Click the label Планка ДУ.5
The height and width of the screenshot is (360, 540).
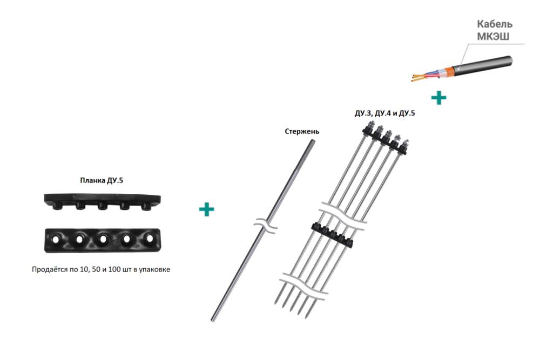point(102,180)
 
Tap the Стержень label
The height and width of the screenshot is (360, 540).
point(302,132)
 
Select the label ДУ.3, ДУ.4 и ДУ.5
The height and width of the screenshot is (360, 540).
point(384,113)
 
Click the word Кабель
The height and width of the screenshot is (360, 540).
point(495,24)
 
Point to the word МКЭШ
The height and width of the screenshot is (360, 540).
point(493,36)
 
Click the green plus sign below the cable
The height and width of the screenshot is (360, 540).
point(438,98)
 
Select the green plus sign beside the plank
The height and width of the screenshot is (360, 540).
point(207,209)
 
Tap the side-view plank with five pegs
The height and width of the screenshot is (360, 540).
point(102,202)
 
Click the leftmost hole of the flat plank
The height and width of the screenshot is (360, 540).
point(56,239)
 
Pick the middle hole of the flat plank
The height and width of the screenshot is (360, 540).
point(103,239)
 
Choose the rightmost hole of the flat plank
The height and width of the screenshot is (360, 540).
point(150,238)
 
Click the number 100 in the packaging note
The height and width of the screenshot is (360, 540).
point(114,269)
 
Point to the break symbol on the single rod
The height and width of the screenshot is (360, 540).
point(266,226)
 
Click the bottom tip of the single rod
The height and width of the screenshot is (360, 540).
point(212,321)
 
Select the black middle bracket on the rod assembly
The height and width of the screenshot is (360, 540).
point(332,235)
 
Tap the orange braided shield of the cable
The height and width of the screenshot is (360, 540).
point(448,71)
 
